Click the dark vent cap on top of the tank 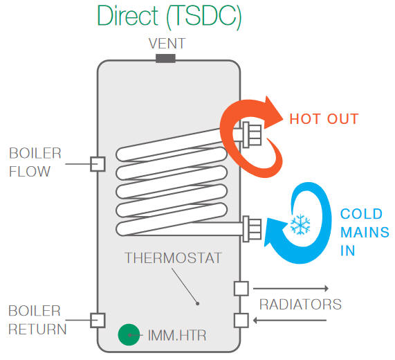(x=165, y=58)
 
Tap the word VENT (x=167, y=44)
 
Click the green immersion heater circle (x=129, y=334)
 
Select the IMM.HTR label (x=177, y=335)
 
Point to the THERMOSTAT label (x=173, y=258)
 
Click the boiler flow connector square (x=98, y=164)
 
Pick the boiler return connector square (x=98, y=321)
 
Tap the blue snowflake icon (x=300, y=224)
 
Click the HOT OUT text (x=324, y=119)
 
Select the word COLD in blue (x=361, y=214)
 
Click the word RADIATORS (x=300, y=305)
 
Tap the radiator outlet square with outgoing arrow (x=241, y=289)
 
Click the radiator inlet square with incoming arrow (x=241, y=321)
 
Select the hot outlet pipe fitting (x=252, y=135)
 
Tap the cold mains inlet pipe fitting (x=252, y=229)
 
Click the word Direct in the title (x=128, y=16)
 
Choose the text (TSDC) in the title (x=203, y=17)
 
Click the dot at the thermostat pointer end (x=198, y=303)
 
